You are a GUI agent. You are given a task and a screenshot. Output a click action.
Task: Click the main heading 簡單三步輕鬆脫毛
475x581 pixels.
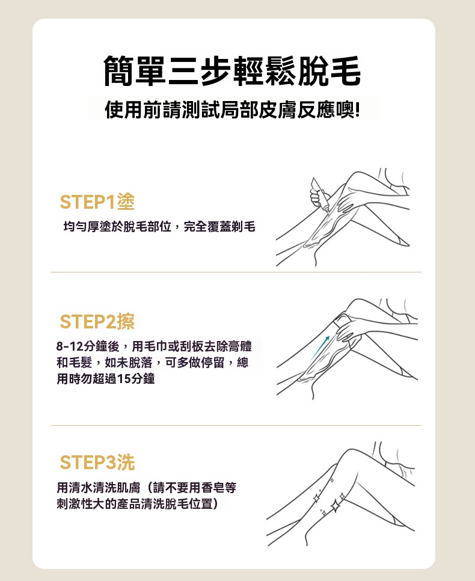tap(232, 71)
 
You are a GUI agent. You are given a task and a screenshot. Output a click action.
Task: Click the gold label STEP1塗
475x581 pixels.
tap(97, 202)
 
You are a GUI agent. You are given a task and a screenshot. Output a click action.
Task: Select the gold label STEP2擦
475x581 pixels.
tap(97, 321)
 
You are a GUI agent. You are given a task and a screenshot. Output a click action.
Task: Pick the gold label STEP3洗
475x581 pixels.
tap(97, 463)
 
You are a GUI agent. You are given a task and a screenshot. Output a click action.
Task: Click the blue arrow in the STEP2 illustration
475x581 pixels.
tap(320, 347)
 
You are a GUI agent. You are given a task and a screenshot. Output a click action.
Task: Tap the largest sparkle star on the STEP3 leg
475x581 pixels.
tap(336, 505)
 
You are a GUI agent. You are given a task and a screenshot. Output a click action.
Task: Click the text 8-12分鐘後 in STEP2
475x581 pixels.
tap(88, 346)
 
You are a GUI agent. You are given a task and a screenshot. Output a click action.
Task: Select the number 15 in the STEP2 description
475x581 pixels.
tap(123, 379)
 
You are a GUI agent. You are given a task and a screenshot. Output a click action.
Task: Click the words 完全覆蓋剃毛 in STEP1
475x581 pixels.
tap(219, 226)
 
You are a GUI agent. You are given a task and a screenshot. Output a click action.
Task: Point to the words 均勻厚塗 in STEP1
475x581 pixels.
tap(87, 226)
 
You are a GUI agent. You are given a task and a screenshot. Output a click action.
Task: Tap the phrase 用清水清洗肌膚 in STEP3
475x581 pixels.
tap(98, 488)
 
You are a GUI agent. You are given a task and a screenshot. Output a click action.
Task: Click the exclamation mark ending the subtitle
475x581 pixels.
tap(357, 110)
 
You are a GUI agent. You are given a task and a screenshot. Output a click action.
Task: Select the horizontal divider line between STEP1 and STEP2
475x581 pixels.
tap(236, 272)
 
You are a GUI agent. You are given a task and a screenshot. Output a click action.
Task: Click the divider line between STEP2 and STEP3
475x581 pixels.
tap(236, 426)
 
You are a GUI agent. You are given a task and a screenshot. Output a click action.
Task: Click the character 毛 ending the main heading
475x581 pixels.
tap(345, 71)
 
